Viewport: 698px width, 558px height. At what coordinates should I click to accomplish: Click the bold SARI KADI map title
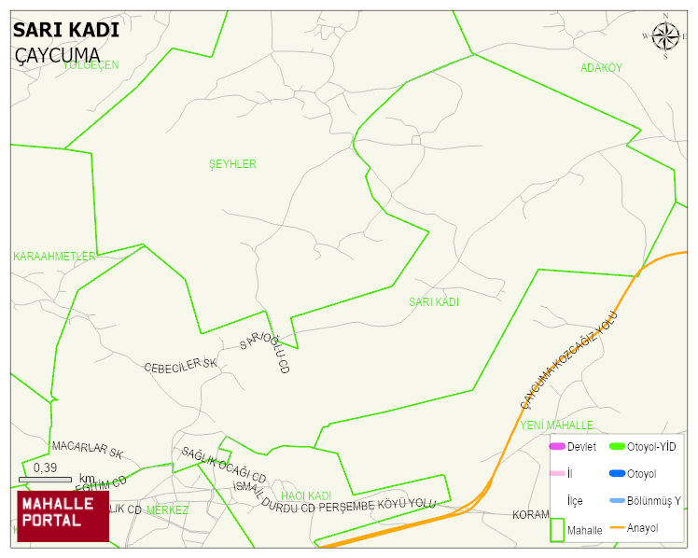click(x=65, y=30)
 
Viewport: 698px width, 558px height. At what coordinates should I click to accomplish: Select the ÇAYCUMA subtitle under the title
click(x=57, y=55)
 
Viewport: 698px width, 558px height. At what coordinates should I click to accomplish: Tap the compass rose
click(x=665, y=36)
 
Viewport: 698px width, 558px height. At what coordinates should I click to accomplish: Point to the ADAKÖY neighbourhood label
click(x=601, y=68)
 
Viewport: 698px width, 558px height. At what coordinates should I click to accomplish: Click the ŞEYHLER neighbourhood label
click(x=232, y=164)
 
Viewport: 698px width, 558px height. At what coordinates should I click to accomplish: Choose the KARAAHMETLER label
click(x=54, y=256)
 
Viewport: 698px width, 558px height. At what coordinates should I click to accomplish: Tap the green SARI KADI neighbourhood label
click(x=434, y=302)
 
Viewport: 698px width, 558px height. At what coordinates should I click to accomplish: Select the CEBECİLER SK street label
click(x=180, y=367)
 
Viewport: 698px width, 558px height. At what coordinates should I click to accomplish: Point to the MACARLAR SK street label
click(x=88, y=449)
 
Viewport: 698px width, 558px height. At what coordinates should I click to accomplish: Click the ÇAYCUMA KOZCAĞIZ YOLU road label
click(x=569, y=360)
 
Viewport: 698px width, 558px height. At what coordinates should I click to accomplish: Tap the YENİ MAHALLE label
click(x=557, y=425)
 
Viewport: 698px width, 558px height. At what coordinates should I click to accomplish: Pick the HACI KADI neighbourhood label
click(x=306, y=495)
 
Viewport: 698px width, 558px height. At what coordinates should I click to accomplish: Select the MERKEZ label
click(x=167, y=510)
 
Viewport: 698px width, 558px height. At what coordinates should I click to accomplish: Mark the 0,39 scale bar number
click(x=45, y=467)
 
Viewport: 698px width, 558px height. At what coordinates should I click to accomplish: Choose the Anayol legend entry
click(x=642, y=528)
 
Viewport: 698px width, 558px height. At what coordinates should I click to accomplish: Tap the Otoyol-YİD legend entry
click(x=651, y=447)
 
